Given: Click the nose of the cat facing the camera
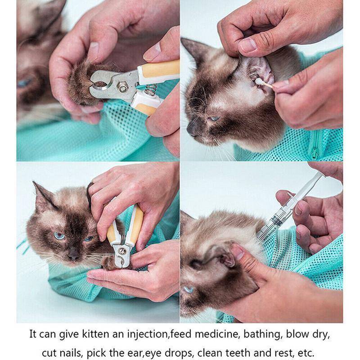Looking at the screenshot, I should pyautogui.click(x=73, y=256).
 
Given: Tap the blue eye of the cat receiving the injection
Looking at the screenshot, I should pyautogui.click(x=189, y=289).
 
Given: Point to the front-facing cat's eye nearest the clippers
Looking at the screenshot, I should pyautogui.click(x=89, y=238).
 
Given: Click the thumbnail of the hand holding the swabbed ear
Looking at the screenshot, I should pyautogui.click(x=248, y=45).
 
